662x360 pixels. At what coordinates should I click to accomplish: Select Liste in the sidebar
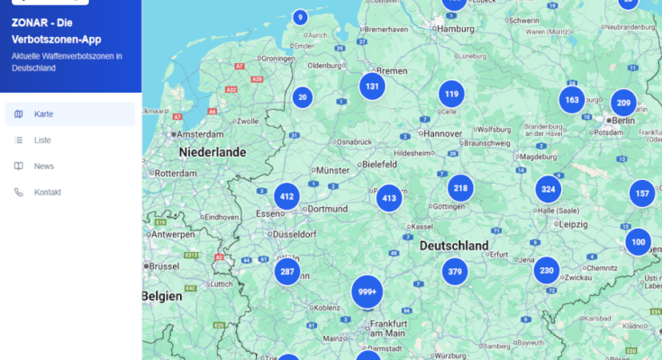42,140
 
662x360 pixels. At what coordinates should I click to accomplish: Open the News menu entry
44,166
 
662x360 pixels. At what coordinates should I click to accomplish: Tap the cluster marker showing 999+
367,292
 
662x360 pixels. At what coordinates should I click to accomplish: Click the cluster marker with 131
371,86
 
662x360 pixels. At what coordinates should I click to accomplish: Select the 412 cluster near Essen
286,196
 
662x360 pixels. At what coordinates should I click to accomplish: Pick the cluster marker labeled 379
455,272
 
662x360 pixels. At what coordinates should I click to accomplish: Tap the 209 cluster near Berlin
623,103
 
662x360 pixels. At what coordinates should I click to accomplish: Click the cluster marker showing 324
549,189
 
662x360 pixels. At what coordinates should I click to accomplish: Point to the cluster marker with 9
300,17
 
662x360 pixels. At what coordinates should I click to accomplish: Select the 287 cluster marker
287,272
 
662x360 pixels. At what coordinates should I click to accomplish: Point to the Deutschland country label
454,246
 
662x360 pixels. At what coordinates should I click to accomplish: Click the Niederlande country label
212,152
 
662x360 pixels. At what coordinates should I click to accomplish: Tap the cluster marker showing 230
546,271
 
